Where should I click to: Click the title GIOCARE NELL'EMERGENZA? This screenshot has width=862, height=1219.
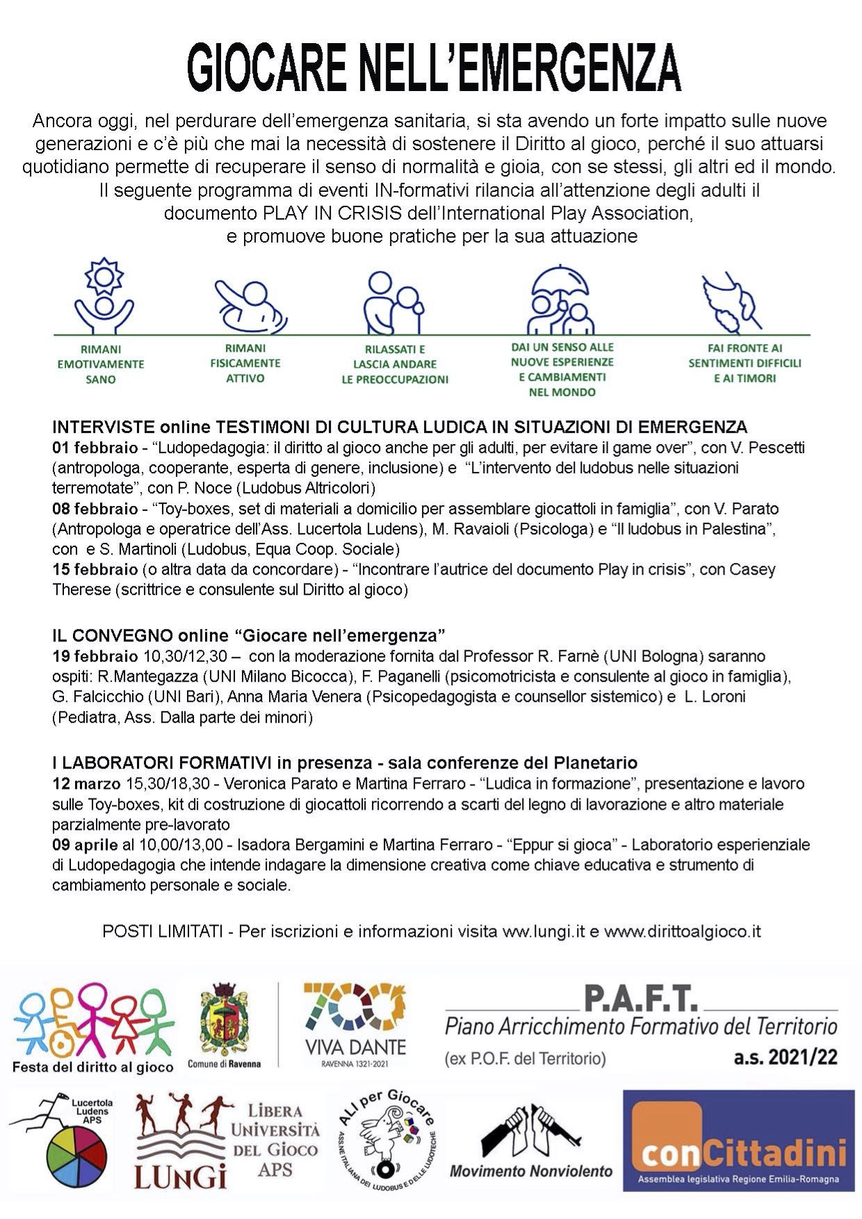434,68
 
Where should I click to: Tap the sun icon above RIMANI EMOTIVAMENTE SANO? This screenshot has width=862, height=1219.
104,277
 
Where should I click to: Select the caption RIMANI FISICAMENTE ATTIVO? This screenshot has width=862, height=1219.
245,363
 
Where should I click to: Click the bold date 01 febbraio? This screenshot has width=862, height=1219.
95,448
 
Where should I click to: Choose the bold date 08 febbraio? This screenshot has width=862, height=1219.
95,509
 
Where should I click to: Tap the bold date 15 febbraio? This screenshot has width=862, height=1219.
95,570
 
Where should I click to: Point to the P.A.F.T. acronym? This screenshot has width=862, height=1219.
640,999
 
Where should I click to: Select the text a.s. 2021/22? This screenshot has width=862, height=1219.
786,1058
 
